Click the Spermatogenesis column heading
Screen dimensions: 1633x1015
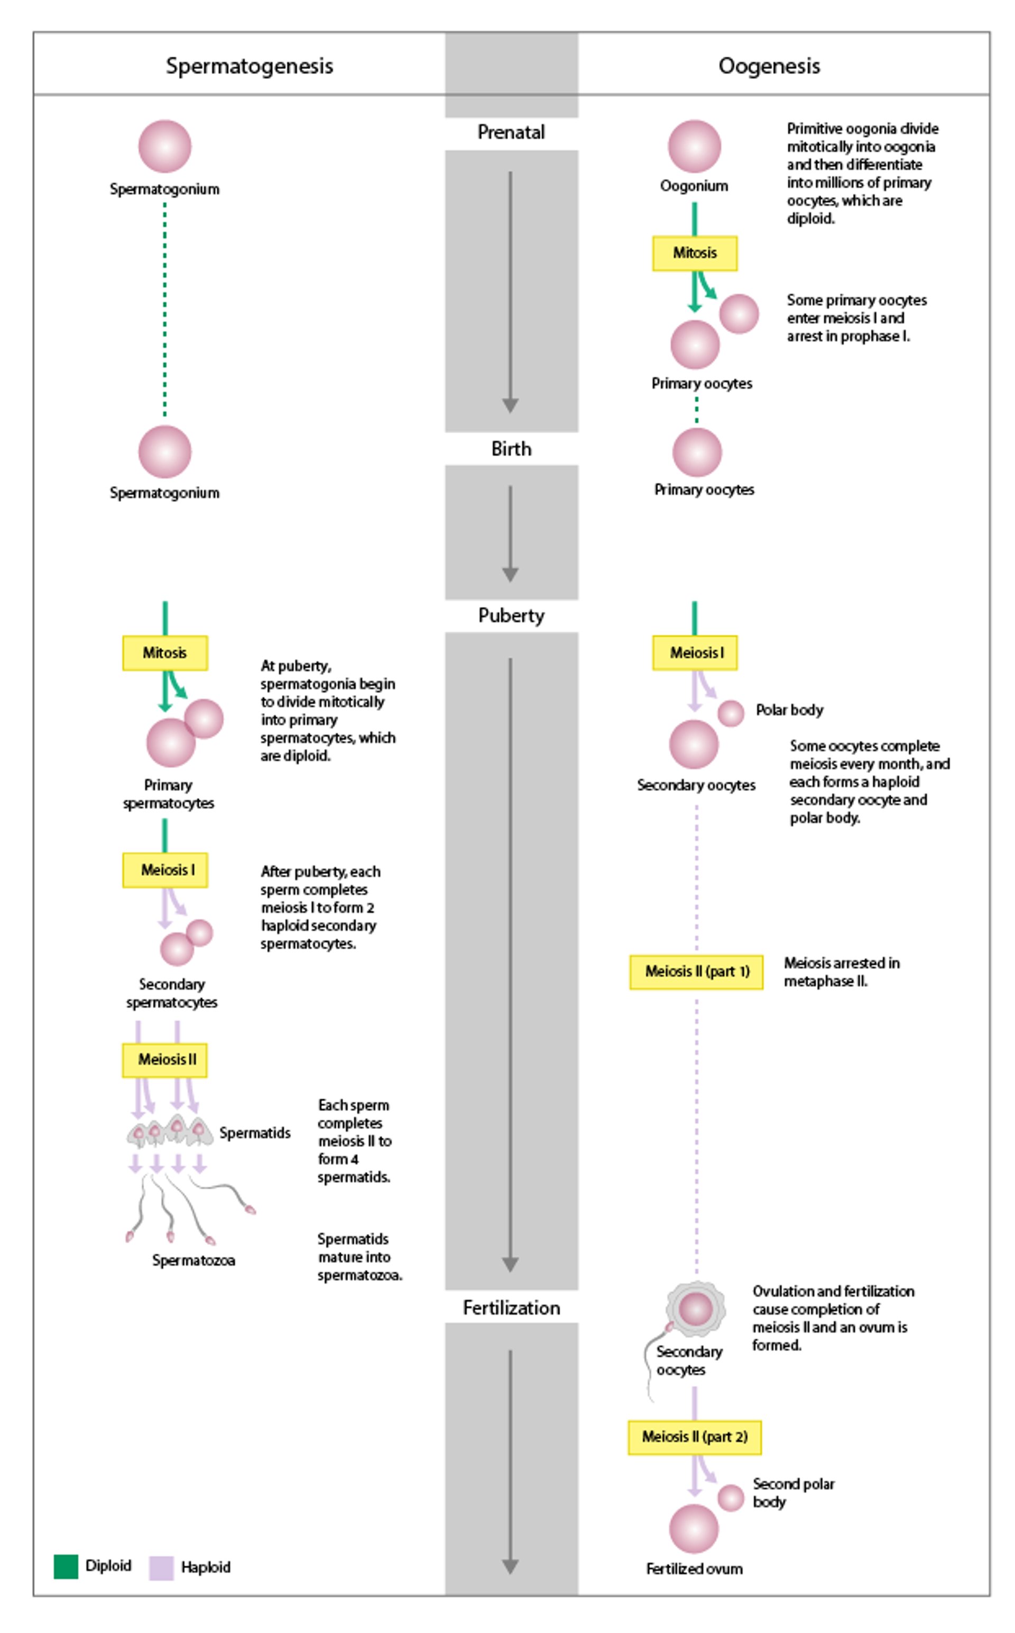coord(249,66)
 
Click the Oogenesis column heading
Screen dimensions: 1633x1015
coord(769,66)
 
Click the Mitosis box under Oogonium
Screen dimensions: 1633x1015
coord(694,253)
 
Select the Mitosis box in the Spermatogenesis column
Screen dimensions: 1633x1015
coord(164,653)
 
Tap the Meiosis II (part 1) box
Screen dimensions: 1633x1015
coord(696,972)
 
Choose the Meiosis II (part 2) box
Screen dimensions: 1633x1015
coord(694,1437)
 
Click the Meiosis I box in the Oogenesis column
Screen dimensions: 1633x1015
coord(694,653)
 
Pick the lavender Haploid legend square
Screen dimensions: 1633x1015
coord(161,1568)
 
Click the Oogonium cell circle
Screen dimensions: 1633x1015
coord(694,147)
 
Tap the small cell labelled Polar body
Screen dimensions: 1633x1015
coord(731,713)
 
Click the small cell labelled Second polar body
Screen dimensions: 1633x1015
coord(731,1498)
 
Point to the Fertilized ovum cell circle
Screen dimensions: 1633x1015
coord(694,1529)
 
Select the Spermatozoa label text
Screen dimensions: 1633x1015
coord(193,1261)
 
